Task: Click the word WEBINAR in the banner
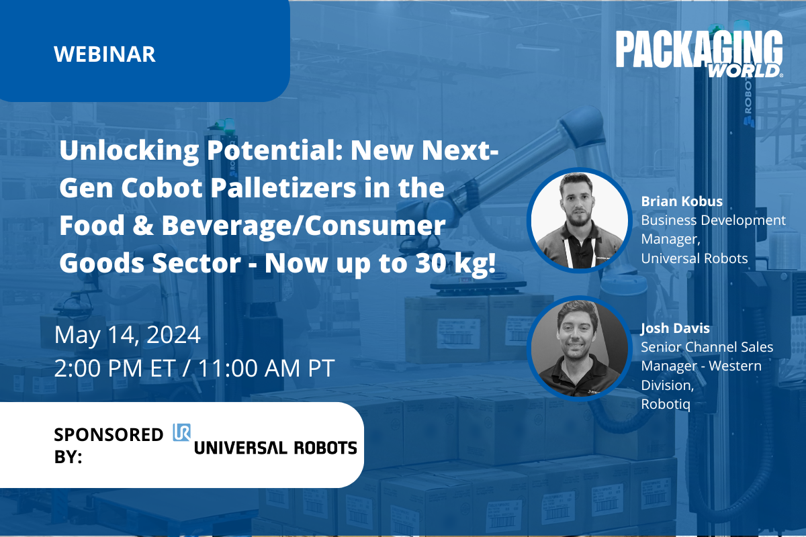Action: [x=105, y=54]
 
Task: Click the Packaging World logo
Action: [x=699, y=54]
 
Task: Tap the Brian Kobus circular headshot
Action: [x=579, y=220]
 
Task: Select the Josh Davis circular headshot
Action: [x=579, y=348]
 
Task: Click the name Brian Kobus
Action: [x=682, y=201]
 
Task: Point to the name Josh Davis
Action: [x=675, y=328]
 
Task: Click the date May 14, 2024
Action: [x=128, y=335]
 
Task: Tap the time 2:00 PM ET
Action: [x=115, y=369]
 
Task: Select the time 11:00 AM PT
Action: [x=266, y=369]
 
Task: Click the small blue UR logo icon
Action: [x=182, y=432]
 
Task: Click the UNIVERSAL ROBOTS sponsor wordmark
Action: [x=275, y=448]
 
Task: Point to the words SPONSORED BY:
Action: [x=108, y=445]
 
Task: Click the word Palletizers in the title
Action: [x=283, y=189]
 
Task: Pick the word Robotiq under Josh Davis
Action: [x=666, y=405]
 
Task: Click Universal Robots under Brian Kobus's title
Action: [x=695, y=258]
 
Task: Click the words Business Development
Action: [x=713, y=220]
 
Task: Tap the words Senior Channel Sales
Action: [x=707, y=347]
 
